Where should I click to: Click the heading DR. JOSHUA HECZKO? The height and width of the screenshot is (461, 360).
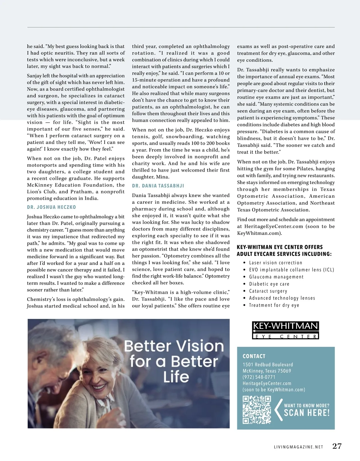click(x=51, y=207)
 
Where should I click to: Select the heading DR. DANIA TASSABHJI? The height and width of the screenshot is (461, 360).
click(x=158, y=186)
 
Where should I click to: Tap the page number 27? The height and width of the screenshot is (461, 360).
click(x=337, y=446)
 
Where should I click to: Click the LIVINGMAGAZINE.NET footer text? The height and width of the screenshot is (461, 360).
click(x=298, y=447)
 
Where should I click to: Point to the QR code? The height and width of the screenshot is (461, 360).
click(x=256, y=410)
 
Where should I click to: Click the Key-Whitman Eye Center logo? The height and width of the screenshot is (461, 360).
click(x=285, y=330)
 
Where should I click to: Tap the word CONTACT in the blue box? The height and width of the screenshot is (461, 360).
click(x=254, y=356)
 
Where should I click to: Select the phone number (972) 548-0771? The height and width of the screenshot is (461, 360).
click(x=259, y=377)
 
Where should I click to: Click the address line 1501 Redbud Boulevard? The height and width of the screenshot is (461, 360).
click(x=268, y=364)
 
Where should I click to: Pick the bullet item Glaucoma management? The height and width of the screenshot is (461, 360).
click(x=276, y=277)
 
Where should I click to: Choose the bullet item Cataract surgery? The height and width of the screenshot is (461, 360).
click(x=268, y=291)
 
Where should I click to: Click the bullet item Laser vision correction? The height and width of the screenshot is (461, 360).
click(x=276, y=263)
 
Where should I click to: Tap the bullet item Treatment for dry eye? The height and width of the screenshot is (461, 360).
click(x=274, y=305)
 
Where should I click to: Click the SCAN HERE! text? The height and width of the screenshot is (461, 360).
click(x=307, y=413)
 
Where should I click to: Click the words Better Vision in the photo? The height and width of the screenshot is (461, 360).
click(x=174, y=346)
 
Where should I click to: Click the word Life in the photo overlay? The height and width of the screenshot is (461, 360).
click(x=176, y=377)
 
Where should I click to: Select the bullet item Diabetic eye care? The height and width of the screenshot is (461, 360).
click(x=269, y=284)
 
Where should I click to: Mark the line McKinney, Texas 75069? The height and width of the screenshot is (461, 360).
click(x=267, y=371)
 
